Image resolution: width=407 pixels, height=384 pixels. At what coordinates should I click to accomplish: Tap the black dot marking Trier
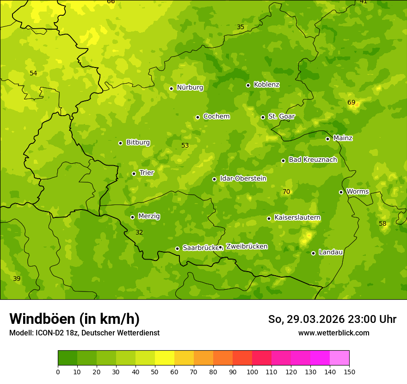pyautogui.click(x=134, y=173)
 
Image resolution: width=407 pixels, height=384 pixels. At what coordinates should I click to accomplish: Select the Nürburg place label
pyautogui.click(x=190, y=87)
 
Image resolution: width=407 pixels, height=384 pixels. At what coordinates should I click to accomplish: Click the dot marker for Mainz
pyautogui.click(x=327, y=139)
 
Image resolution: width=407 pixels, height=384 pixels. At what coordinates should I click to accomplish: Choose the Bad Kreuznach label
pyautogui.click(x=313, y=160)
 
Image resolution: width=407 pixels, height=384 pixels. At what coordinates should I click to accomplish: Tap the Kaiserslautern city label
pyautogui.click(x=297, y=217)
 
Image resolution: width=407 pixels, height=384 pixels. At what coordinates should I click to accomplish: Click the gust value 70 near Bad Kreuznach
pyautogui.click(x=286, y=192)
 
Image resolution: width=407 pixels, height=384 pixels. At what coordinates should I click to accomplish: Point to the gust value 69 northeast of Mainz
pyautogui.click(x=351, y=102)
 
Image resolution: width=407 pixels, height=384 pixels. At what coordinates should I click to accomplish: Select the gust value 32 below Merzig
pyautogui.click(x=139, y=232)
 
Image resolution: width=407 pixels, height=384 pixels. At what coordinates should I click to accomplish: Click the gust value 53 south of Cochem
pyautogui.click(x=185, y=145)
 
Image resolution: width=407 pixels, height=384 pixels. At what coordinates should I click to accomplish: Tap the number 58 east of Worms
pyautogui.click(x=382, y=223)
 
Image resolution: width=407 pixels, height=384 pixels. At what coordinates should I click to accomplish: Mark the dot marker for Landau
pyautogui.click(x=313, y=253)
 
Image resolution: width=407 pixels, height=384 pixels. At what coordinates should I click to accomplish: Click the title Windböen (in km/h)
pyautogui.click(x=74, y=319)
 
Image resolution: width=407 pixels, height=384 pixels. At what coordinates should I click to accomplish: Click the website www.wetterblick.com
pyautogui.click(x=333, y=333)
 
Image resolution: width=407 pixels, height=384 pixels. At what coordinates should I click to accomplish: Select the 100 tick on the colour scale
pyautogui.click(x=252, y=371)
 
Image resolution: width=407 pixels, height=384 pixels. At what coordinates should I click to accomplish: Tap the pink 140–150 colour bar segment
pyautogui.click(x=339, y=358)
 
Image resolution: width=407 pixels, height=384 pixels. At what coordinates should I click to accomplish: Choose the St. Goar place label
pyautogui.click(x=281, y=117)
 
